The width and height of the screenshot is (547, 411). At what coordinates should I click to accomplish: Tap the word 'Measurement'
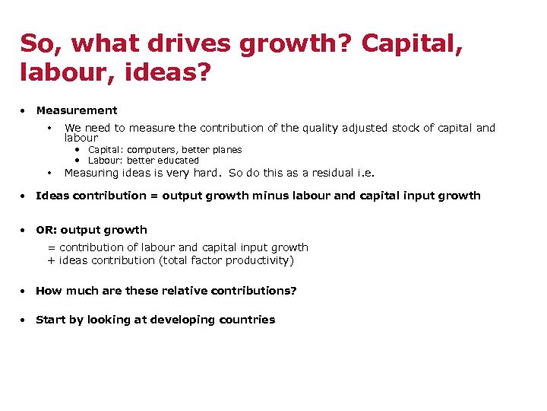77,110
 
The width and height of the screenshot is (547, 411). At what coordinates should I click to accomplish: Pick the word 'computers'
152,150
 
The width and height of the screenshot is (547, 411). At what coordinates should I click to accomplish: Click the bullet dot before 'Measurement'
25,110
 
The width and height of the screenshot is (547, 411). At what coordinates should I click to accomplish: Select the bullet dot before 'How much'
25,291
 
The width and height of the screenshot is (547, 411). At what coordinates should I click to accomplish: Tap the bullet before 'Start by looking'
25,320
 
